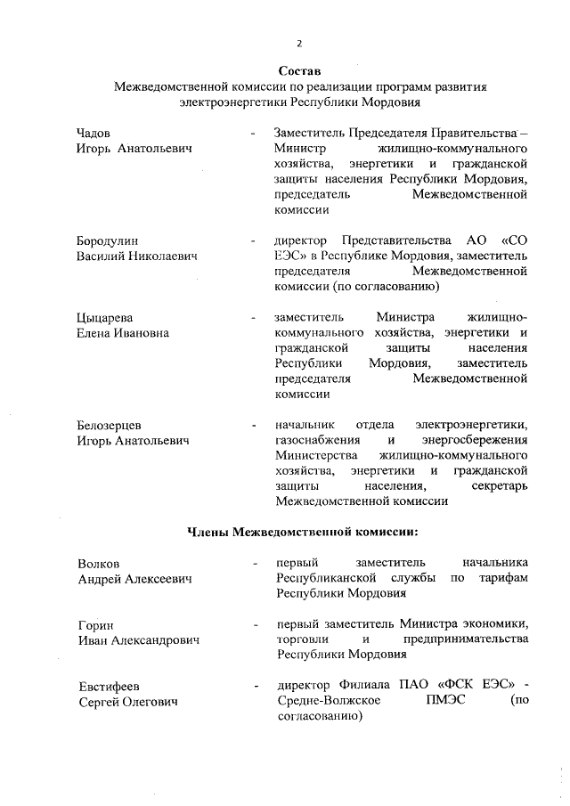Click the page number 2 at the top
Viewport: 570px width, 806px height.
click(299, 43)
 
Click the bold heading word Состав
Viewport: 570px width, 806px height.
click(298, 70)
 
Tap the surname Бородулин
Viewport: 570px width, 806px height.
click(108, 240)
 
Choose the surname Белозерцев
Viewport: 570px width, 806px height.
click(110, 425)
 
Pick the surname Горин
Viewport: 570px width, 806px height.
click(95, 624)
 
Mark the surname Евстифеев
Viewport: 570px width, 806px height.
click(109, 687)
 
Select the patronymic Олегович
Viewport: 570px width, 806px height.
click(147, 703)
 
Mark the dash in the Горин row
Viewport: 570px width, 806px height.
click(255, 624)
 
